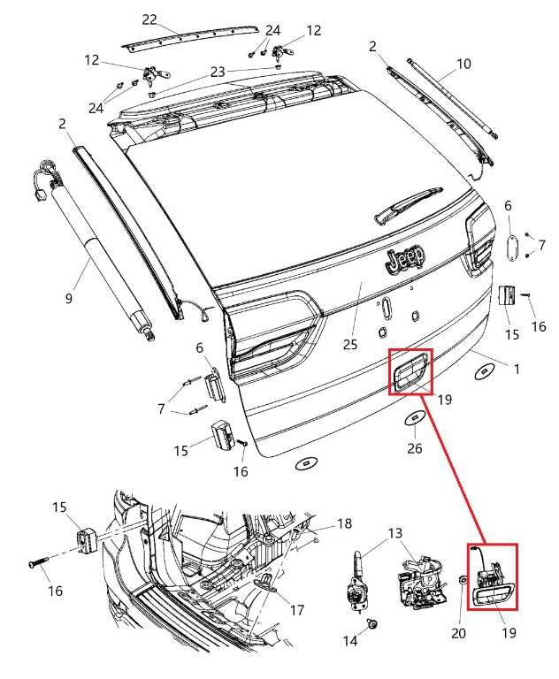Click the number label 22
[149, 19]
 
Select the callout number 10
[463, 64]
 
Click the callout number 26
[415, 448]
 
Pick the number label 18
[344, 524]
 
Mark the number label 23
[218, 72]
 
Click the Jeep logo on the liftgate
[403, 258]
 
